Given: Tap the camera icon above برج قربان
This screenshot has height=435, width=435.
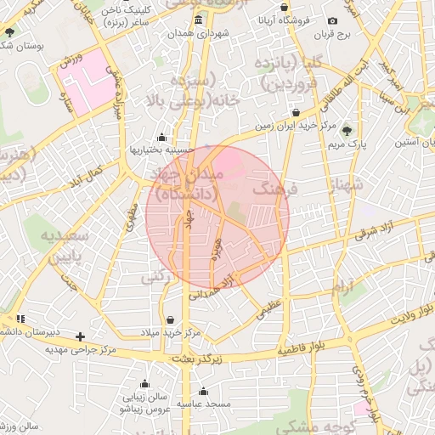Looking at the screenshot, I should [x=332, y=20].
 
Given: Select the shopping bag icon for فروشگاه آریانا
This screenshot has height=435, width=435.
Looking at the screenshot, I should [x=284, y=8].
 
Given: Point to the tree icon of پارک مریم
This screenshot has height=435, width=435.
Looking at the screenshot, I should [x=346, y=130].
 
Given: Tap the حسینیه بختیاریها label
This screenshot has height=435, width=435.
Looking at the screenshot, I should [x=161, y=150].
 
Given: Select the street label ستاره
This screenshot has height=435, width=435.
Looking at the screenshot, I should [x=62, y=88].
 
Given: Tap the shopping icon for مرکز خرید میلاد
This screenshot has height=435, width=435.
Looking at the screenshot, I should [x=172, y=320].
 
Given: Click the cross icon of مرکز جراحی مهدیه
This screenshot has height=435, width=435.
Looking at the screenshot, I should [x=81, y=336].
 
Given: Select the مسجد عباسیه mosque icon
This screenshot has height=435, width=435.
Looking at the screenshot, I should [x=202, y=392].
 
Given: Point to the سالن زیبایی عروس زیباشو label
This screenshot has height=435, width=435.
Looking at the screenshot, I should [x=146, y=402].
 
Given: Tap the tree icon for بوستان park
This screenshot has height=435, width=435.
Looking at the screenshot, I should [x=9, y=32].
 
